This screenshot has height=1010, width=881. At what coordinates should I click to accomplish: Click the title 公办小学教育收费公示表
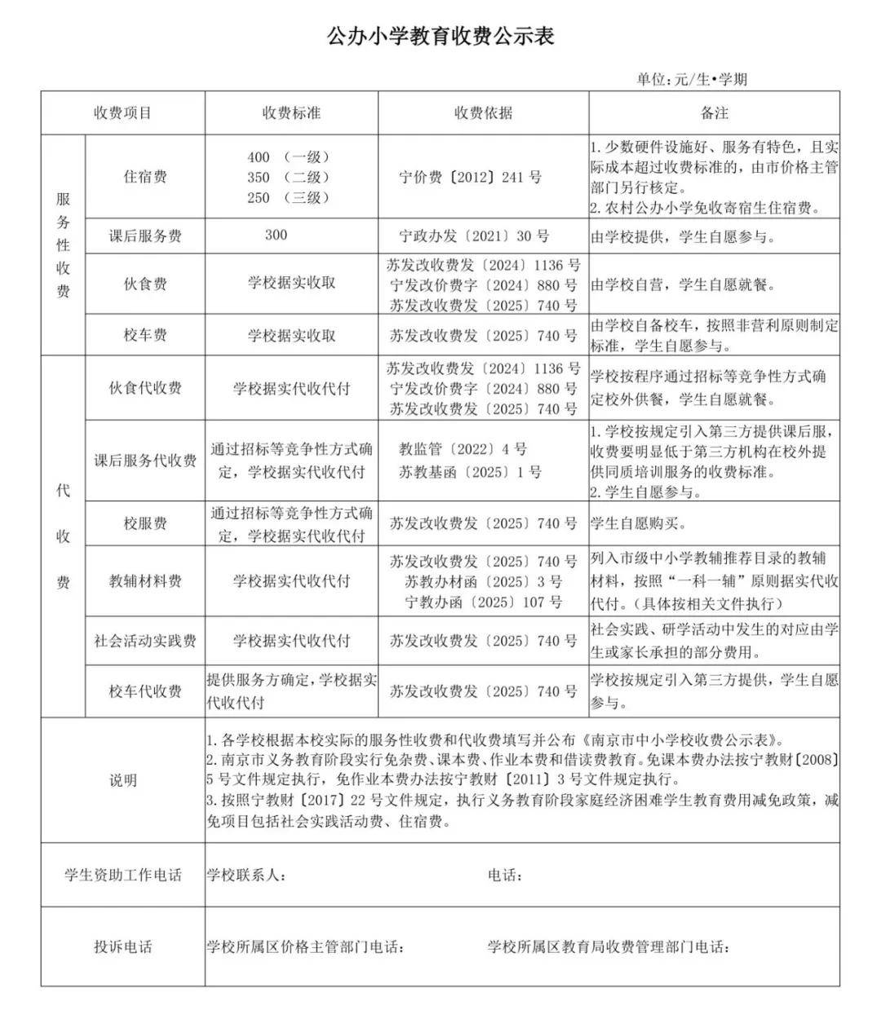point(440,37)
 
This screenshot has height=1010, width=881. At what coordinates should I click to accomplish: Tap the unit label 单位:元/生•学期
point(692,79)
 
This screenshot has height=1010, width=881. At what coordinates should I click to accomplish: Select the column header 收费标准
point(291,113)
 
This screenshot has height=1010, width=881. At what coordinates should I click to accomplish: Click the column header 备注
point(714,113)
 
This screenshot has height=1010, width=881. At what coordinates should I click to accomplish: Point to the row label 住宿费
point(145,177)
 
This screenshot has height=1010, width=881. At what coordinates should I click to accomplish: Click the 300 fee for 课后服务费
point(277,236)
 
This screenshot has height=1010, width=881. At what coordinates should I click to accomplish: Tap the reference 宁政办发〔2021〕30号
point(474,236)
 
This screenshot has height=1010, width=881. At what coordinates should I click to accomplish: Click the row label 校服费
point(145,523)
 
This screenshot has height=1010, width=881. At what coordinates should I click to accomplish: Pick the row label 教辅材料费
point(145,581)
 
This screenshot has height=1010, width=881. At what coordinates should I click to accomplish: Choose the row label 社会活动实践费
point(145,641)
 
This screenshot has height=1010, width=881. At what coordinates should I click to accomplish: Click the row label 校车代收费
point(145,691)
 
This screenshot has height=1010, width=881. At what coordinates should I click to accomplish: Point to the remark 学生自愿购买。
point(640,523)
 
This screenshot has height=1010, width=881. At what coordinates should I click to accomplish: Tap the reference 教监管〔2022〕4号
point(463,449)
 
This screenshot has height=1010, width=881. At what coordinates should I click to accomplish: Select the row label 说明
point(123,780)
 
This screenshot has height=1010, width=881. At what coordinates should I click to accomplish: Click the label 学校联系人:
point(246,875)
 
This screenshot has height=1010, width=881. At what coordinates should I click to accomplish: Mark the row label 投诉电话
point(123,947)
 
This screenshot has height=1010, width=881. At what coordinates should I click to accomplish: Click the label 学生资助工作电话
point(123,875)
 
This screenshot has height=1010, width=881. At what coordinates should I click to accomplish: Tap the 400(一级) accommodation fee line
point(289,157)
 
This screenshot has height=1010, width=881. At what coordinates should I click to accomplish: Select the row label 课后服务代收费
point(145,461)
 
